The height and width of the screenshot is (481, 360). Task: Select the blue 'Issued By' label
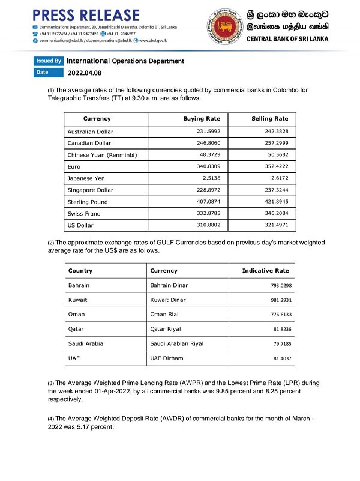pyautogui.click(x=49, y=61)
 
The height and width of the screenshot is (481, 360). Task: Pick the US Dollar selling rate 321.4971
pyautogui.click(x=275, y=225)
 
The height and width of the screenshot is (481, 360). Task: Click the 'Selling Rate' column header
pyautogui.click(x=270, y=119)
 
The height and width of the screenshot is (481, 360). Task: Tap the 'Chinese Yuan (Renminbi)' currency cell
pyautogui.click(x=102, y=155)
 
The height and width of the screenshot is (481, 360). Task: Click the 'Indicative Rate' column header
pyautogui.click(x=265, y=271)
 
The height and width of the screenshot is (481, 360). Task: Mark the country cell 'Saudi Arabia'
pyautogui.click(x=86, y=343)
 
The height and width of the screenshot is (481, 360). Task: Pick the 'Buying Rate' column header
pyautogui.click(x=202, y=119)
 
